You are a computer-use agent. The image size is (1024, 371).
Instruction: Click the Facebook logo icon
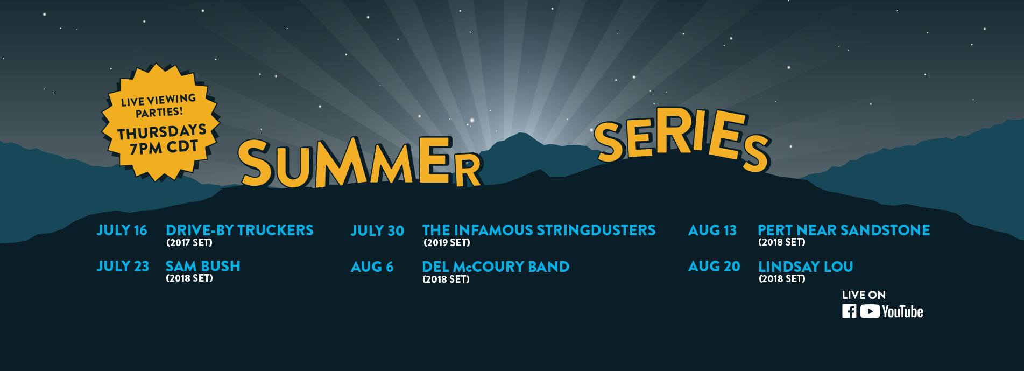click(x=849, y=311)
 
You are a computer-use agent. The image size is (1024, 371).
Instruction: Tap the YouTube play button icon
click(x=870, y=311)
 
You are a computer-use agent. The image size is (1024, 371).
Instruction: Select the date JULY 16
click(x=122, y=230)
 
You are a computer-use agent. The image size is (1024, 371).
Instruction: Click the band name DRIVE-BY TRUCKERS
click(x=239, y=230)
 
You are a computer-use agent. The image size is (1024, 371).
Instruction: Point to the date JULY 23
click(x=123, y=267)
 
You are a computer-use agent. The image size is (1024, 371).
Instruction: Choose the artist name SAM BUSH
click(x=203, y=267)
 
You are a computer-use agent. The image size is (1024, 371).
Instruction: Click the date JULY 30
click(x=377, y=231)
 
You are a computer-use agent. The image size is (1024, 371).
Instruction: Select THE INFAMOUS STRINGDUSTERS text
click(x=539, y=230)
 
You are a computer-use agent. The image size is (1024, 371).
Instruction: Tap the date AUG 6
click(x=372, y=267)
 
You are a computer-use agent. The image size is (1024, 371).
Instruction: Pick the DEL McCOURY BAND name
click(x=496, y=267)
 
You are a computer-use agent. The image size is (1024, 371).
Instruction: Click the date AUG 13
click(x=712, y=230)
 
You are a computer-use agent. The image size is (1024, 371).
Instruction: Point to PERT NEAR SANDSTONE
click(x=844, y=230)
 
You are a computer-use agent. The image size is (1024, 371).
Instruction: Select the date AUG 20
click(x=714, y=267)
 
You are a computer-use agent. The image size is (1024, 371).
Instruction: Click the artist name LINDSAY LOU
click(x=806, y=267)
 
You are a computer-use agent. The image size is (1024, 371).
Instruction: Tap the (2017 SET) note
click(x=189, y=243)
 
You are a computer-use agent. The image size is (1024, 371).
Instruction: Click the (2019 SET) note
click(x=447, y=243)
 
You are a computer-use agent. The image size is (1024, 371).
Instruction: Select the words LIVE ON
click(x=864, y=295)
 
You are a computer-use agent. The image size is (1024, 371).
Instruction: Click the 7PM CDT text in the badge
click(x=164, y=147)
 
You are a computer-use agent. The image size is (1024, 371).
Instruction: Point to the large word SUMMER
click(x=359, y=162)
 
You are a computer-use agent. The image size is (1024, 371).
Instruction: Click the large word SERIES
click(x=682, y=138)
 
